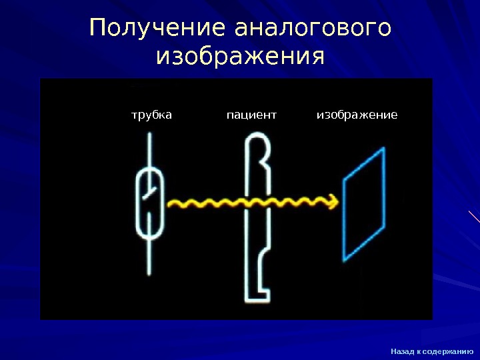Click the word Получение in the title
[x=158, y=29]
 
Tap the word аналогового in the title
[x=313, y=29]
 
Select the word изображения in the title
[x=240, y=56]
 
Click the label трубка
[x=151, y=115]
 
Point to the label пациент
[x=251, y=115]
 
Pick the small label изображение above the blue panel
[x=357, y=115]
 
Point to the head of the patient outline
[x=257, y=150]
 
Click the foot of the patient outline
[x=263, y=291]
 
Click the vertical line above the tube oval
[x=149, y=150]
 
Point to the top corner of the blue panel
[x=384, y=149]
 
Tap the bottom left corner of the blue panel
[x=343, y=259]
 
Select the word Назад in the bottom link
[x=401, y=351]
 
